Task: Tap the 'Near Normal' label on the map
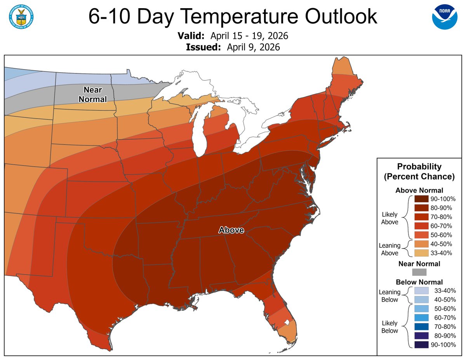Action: [x=93, y=95]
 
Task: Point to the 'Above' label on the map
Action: [x=231, y=230]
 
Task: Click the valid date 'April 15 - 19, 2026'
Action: [x=249, y=36]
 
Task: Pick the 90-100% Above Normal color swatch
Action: [x=421, y=198]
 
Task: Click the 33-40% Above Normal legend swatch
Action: [x=421, y=253]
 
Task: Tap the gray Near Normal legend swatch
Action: [x=419, y=272]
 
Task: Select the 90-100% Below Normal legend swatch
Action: [x=421, y=344]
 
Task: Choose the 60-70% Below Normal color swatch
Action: [x=421, y=318]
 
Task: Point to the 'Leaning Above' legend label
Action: [x=389, y=249]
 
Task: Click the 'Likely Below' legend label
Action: [x=389, y=327]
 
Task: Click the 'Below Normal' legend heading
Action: [x=419, y=282]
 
